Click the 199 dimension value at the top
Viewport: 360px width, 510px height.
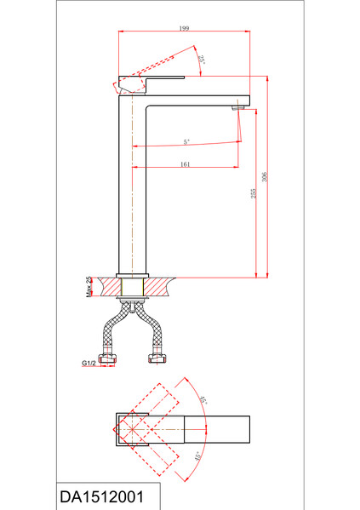pyautogui.click(x=184, y=28)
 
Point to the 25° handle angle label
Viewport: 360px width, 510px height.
pyautogui.click(x=202, y=60)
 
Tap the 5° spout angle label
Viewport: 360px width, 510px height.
pyautogui.click(x=186, y=142)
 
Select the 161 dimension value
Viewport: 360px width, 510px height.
pyautogui.click(x=185, y=164)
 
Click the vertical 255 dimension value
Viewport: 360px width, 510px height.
pyautogui.click(x=254, y=193)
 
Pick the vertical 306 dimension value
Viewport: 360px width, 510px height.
pyautogui.click(x=265, y=177)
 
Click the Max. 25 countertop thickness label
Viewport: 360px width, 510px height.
pyautogui.click(x=89, y=287)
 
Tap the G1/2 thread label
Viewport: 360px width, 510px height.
pyautogui.click(x=89, y=363)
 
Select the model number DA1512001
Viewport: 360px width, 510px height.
pyautogui.click(x=102, y=497)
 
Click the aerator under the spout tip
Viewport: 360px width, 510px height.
pyautogui.click(x=237, y=107)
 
